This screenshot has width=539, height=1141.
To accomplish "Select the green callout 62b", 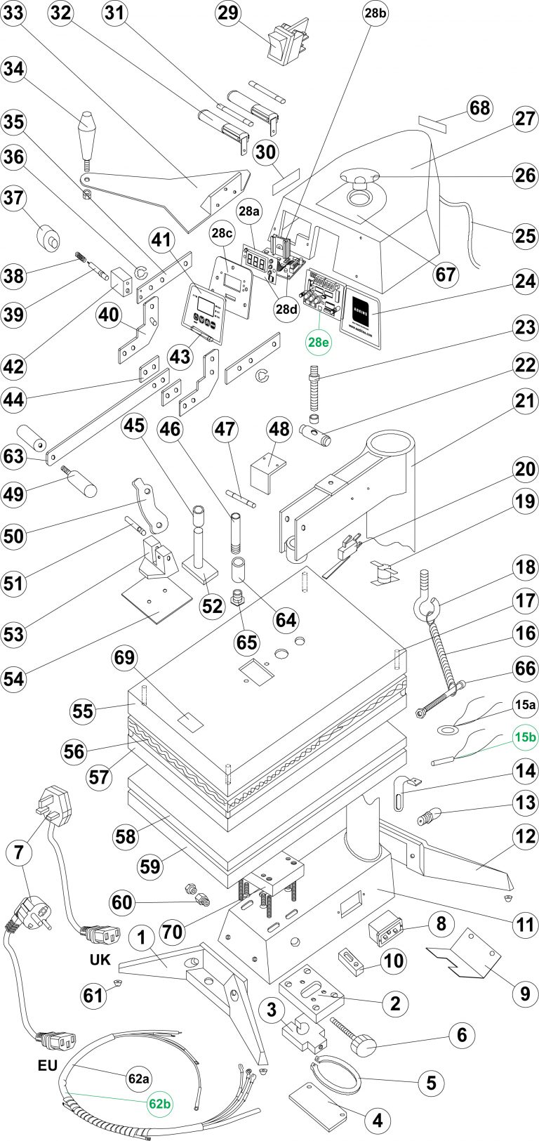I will (159, 1104).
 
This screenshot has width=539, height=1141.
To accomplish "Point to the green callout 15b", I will (525, 737).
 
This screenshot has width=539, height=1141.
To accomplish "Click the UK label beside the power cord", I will (100, 959).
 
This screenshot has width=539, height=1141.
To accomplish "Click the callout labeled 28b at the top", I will (375, 13).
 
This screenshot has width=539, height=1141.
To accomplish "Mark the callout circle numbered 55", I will (83, 711).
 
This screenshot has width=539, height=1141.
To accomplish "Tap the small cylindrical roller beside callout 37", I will (48, 237).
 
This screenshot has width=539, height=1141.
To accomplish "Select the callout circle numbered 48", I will (279, 428).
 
